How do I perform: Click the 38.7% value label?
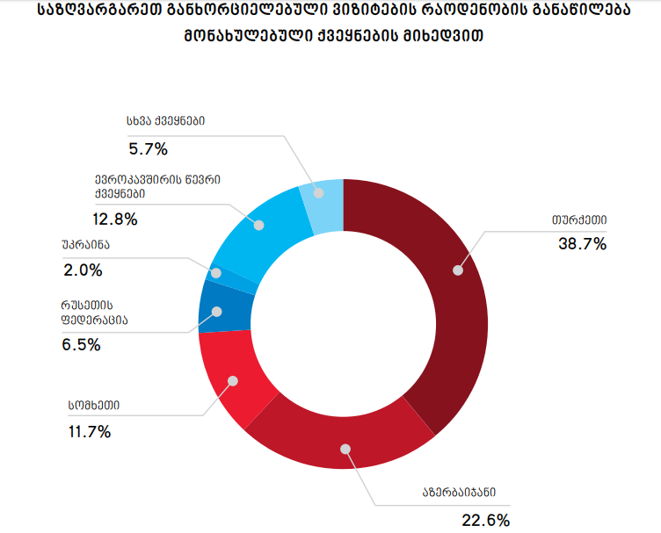coord(582,244)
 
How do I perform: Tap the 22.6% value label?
coord(486,520)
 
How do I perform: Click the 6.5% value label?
coord(81,345)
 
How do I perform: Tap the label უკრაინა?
coord(87,243)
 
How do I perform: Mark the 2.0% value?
coord(83,270)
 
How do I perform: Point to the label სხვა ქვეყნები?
coord(166,122)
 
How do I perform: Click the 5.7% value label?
coord(148,148)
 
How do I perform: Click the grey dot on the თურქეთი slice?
coord(457,270)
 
